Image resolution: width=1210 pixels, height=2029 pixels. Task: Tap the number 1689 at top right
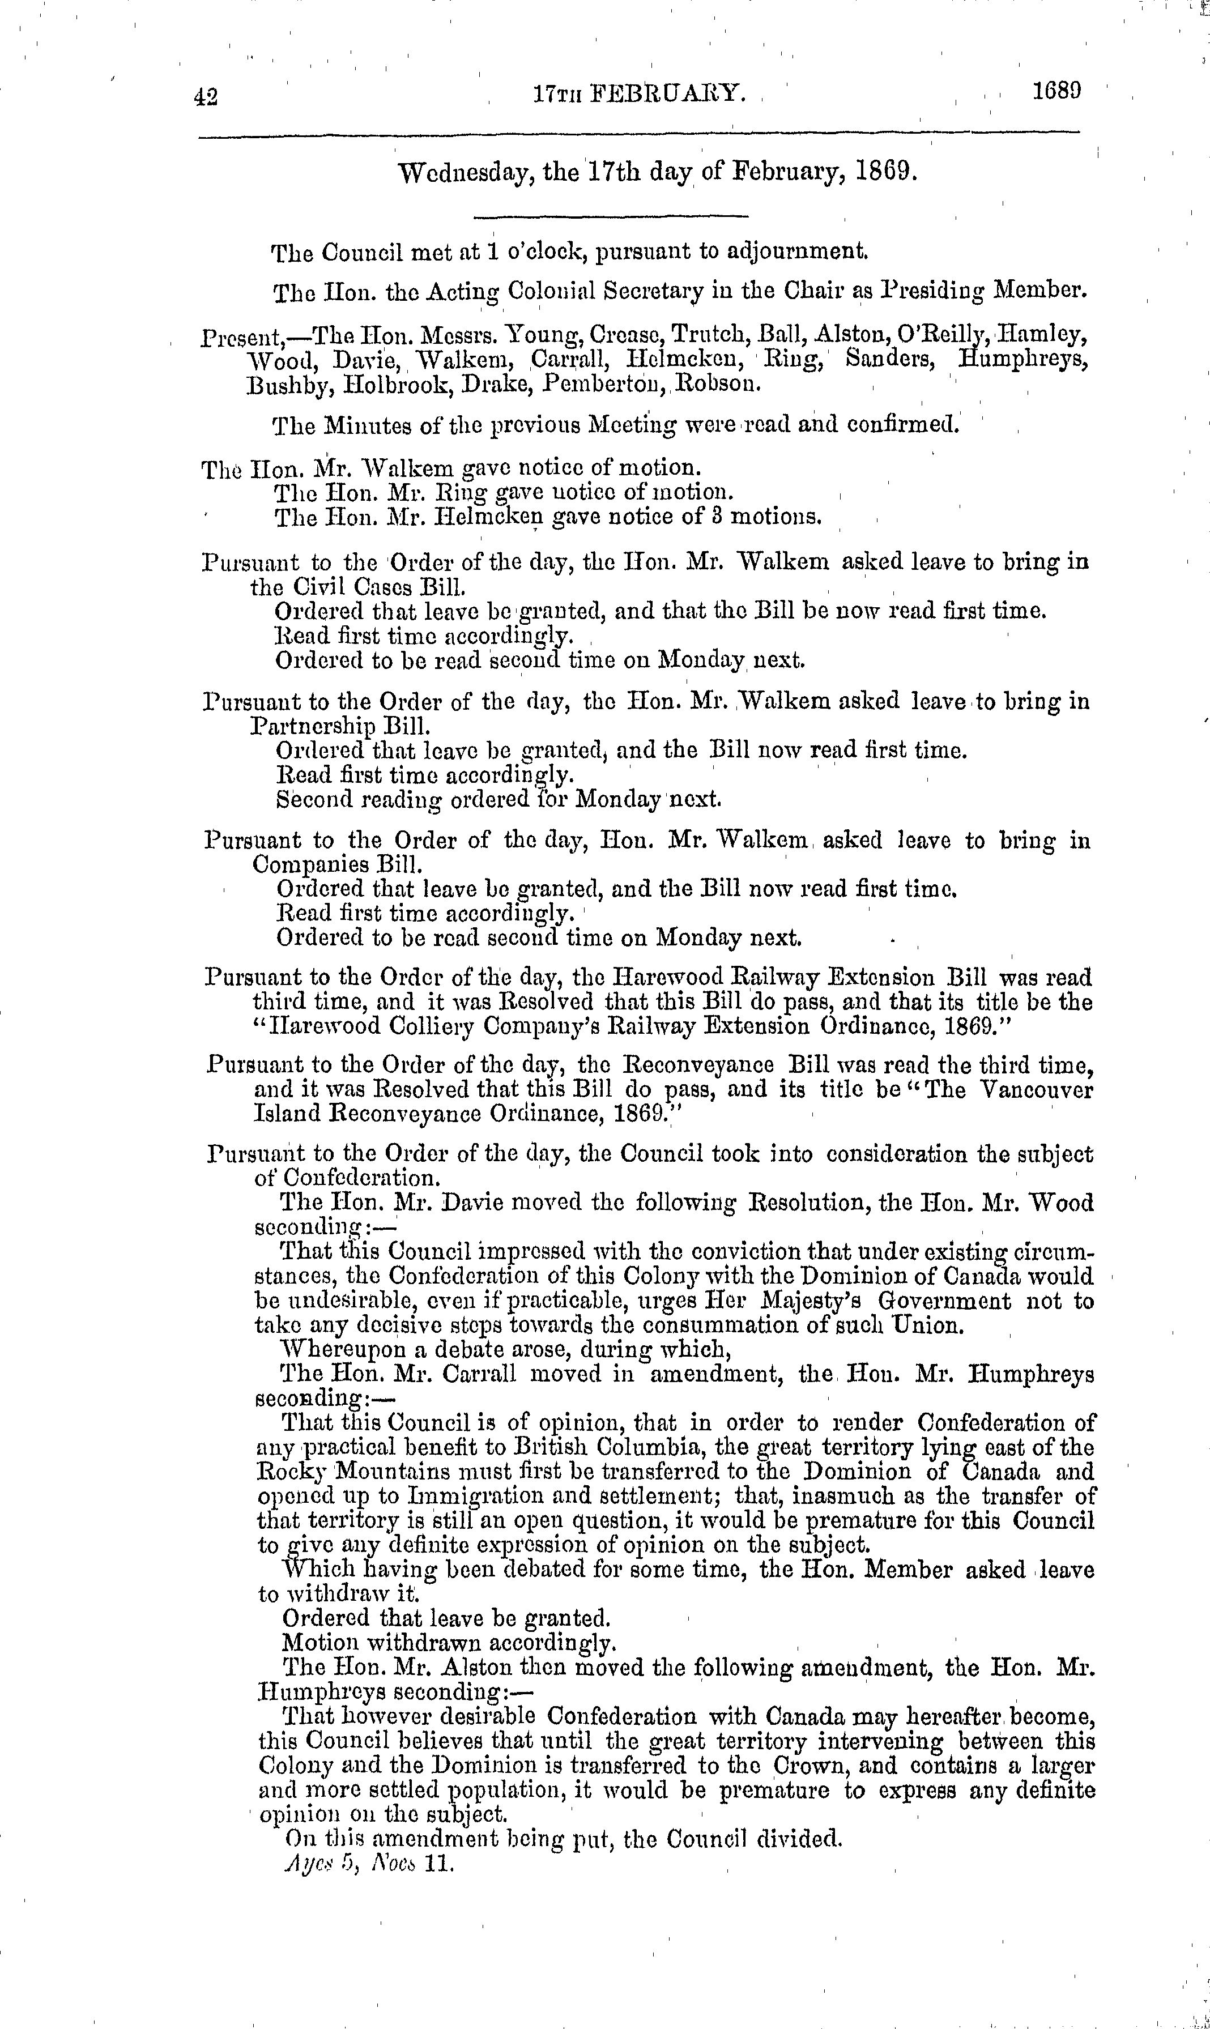1056,91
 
